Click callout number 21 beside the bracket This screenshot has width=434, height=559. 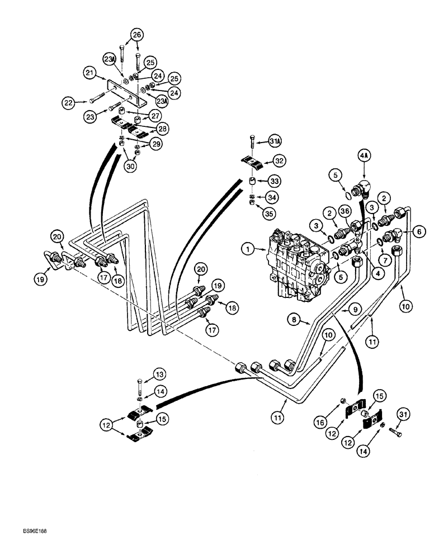tap(90, 72)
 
